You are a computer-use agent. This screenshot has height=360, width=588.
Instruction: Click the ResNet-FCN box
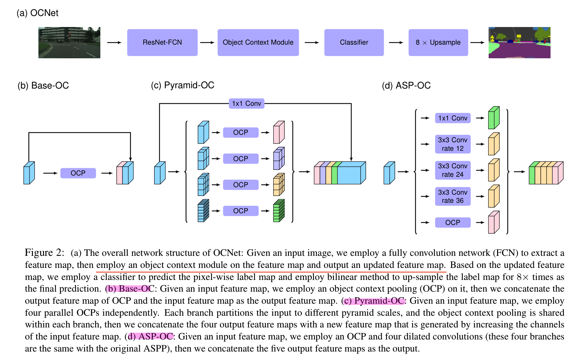pyautogui.click(x=162, y=42)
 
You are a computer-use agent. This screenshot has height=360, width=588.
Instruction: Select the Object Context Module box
pyautogui.click(x=258, y=42)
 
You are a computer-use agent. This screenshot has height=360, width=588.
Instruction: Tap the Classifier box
pyautogui.click(x=354, y=42)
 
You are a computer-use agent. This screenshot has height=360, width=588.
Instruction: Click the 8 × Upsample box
pyautogui.click(x=438, y=42)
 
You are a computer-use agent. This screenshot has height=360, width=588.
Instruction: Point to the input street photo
pyautogui.click(x=69, y=43)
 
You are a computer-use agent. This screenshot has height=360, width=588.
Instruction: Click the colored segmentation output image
pyautogui.click(x=519, y=43)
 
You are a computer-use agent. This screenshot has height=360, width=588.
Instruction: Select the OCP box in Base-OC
pyautogui.click(x=78, y=173)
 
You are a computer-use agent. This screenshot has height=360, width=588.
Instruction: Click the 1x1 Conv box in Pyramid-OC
pyautogui.click(x=246, y=104)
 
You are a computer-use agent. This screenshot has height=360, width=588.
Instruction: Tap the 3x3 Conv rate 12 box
pyautogui.click(x=452, y=144)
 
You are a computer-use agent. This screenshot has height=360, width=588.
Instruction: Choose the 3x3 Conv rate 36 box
pyautogui.click(x=452, y=196)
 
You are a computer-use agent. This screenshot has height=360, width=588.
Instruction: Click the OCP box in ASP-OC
pyautogui.click(x=452, y=223)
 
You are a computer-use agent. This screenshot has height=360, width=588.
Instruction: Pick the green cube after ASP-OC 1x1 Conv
pyautogui.click(x=494, y=118)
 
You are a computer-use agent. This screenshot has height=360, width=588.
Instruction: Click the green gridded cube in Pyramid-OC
pyautogui.click(x=279, y=211)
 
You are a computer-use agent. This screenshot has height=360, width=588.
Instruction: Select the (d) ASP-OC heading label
pyautogui.click(x=406, y=86)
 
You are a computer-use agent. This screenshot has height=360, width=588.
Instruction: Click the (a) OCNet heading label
pyautogui.click(x=37, y=13)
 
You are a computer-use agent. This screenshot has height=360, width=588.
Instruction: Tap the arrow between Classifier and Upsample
pyautogui.click(x=396, y=42)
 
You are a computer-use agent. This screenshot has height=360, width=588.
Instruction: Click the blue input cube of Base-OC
pyautogui.click(x=29, y=173)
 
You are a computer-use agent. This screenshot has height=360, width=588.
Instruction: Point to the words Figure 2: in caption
pyautogui.click(x=45, y=253)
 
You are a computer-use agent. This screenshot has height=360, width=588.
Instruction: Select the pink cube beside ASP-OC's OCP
pyautogui.click(x=494, y=223)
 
